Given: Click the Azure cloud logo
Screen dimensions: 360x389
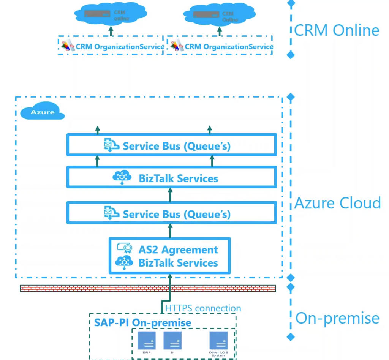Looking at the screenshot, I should pos(42,112).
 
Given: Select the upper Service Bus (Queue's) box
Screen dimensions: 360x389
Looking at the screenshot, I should pos(171,145).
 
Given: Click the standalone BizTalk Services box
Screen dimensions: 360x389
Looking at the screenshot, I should pos(171,177).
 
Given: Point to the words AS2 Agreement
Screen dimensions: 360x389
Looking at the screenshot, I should pos(178,249).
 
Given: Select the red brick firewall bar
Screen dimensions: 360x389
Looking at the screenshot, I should pos(148,289).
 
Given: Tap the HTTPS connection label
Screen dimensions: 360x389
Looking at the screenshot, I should pos(203,308).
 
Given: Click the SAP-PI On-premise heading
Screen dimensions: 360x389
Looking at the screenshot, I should pos(142,322).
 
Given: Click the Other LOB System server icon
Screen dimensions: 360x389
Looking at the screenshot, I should pos(218,341).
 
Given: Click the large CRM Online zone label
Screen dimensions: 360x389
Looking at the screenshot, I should pos(337,30).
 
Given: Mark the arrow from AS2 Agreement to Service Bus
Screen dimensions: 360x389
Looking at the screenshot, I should pos(170,231).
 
